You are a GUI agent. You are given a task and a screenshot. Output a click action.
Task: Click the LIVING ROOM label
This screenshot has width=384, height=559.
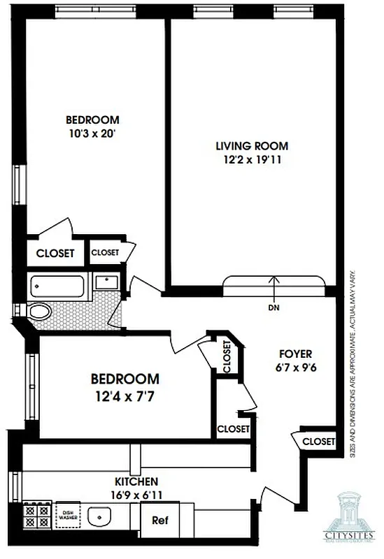tap(251, 146)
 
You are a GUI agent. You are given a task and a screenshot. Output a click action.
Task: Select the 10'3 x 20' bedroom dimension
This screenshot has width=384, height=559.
tap(92, 133)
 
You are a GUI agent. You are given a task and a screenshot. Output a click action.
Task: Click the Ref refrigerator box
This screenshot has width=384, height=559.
tap(159, 521)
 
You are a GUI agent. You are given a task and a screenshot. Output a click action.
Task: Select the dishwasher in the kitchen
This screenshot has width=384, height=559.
tap(68, 516)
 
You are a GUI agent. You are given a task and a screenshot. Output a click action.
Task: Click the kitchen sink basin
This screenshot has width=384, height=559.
tap(101, 518)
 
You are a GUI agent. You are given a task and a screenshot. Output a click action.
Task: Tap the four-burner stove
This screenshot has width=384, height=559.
tap(35, 516)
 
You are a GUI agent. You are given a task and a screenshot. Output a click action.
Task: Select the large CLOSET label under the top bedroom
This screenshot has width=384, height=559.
tap(55, 253)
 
